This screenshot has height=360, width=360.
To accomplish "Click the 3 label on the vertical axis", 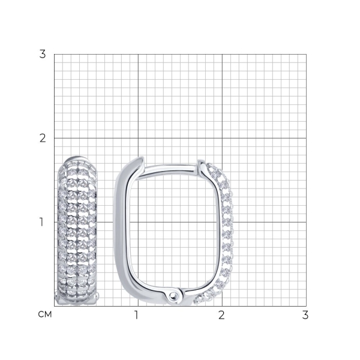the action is pos(43,54).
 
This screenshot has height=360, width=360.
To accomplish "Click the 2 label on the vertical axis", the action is pos(43,138).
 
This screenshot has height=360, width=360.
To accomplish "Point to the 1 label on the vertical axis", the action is pos(41,222).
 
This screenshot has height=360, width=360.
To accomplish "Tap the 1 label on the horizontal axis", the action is pos(136,315).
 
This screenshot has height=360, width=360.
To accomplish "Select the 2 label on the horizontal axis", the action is pos(221,315).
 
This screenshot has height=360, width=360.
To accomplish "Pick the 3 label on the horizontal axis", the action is pos(305,315).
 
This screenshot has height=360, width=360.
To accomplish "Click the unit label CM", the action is pos(45,314).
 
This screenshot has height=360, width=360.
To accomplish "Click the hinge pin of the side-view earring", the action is pos(173,296).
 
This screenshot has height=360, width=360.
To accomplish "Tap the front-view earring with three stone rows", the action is pos(77,231).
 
